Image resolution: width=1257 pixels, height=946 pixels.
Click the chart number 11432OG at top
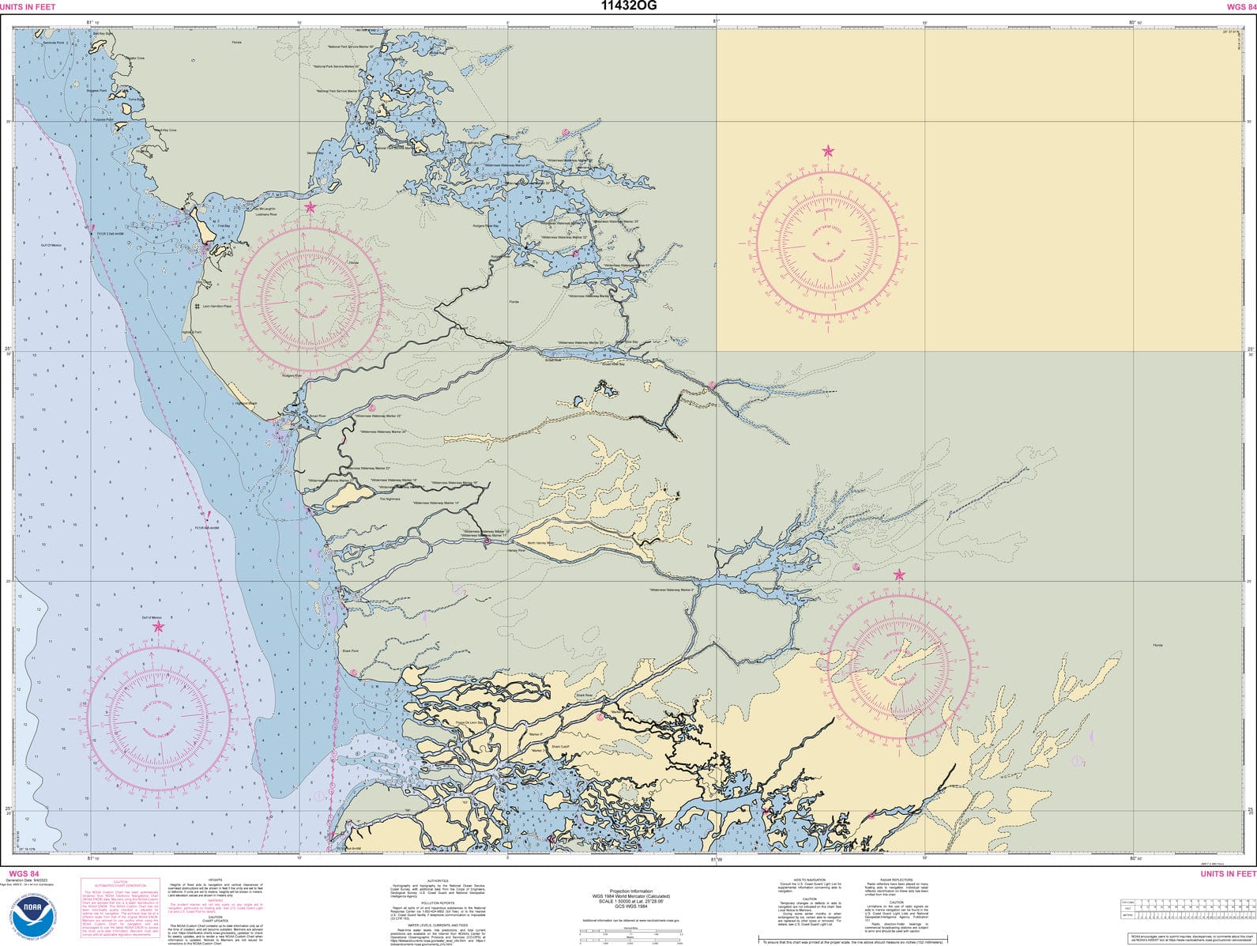628,6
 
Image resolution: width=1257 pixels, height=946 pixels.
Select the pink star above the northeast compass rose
828,151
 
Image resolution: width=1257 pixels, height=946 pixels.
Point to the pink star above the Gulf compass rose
158,627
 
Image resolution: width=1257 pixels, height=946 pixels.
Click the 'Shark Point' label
349,651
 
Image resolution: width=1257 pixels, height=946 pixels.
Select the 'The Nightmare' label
390,499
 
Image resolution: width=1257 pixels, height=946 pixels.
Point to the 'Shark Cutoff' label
560,746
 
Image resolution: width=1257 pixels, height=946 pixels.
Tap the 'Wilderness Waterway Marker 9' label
671,590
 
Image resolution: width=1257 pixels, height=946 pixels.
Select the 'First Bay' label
223,226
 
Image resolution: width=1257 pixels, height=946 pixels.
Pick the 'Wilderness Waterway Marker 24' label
382,432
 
